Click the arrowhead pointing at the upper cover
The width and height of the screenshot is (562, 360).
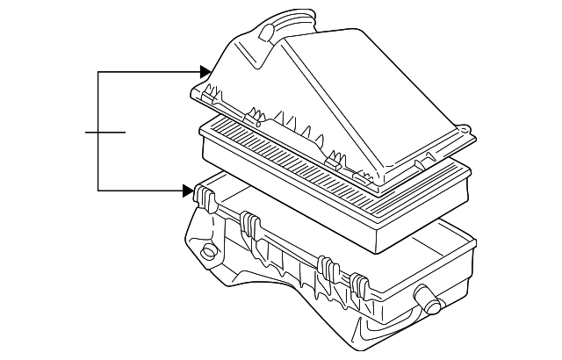pos(205,72)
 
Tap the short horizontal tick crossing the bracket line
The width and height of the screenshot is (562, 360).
pos(105,132)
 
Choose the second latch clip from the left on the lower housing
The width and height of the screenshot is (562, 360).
pos(249,227)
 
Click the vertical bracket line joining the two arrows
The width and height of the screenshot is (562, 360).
pos(99,132)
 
